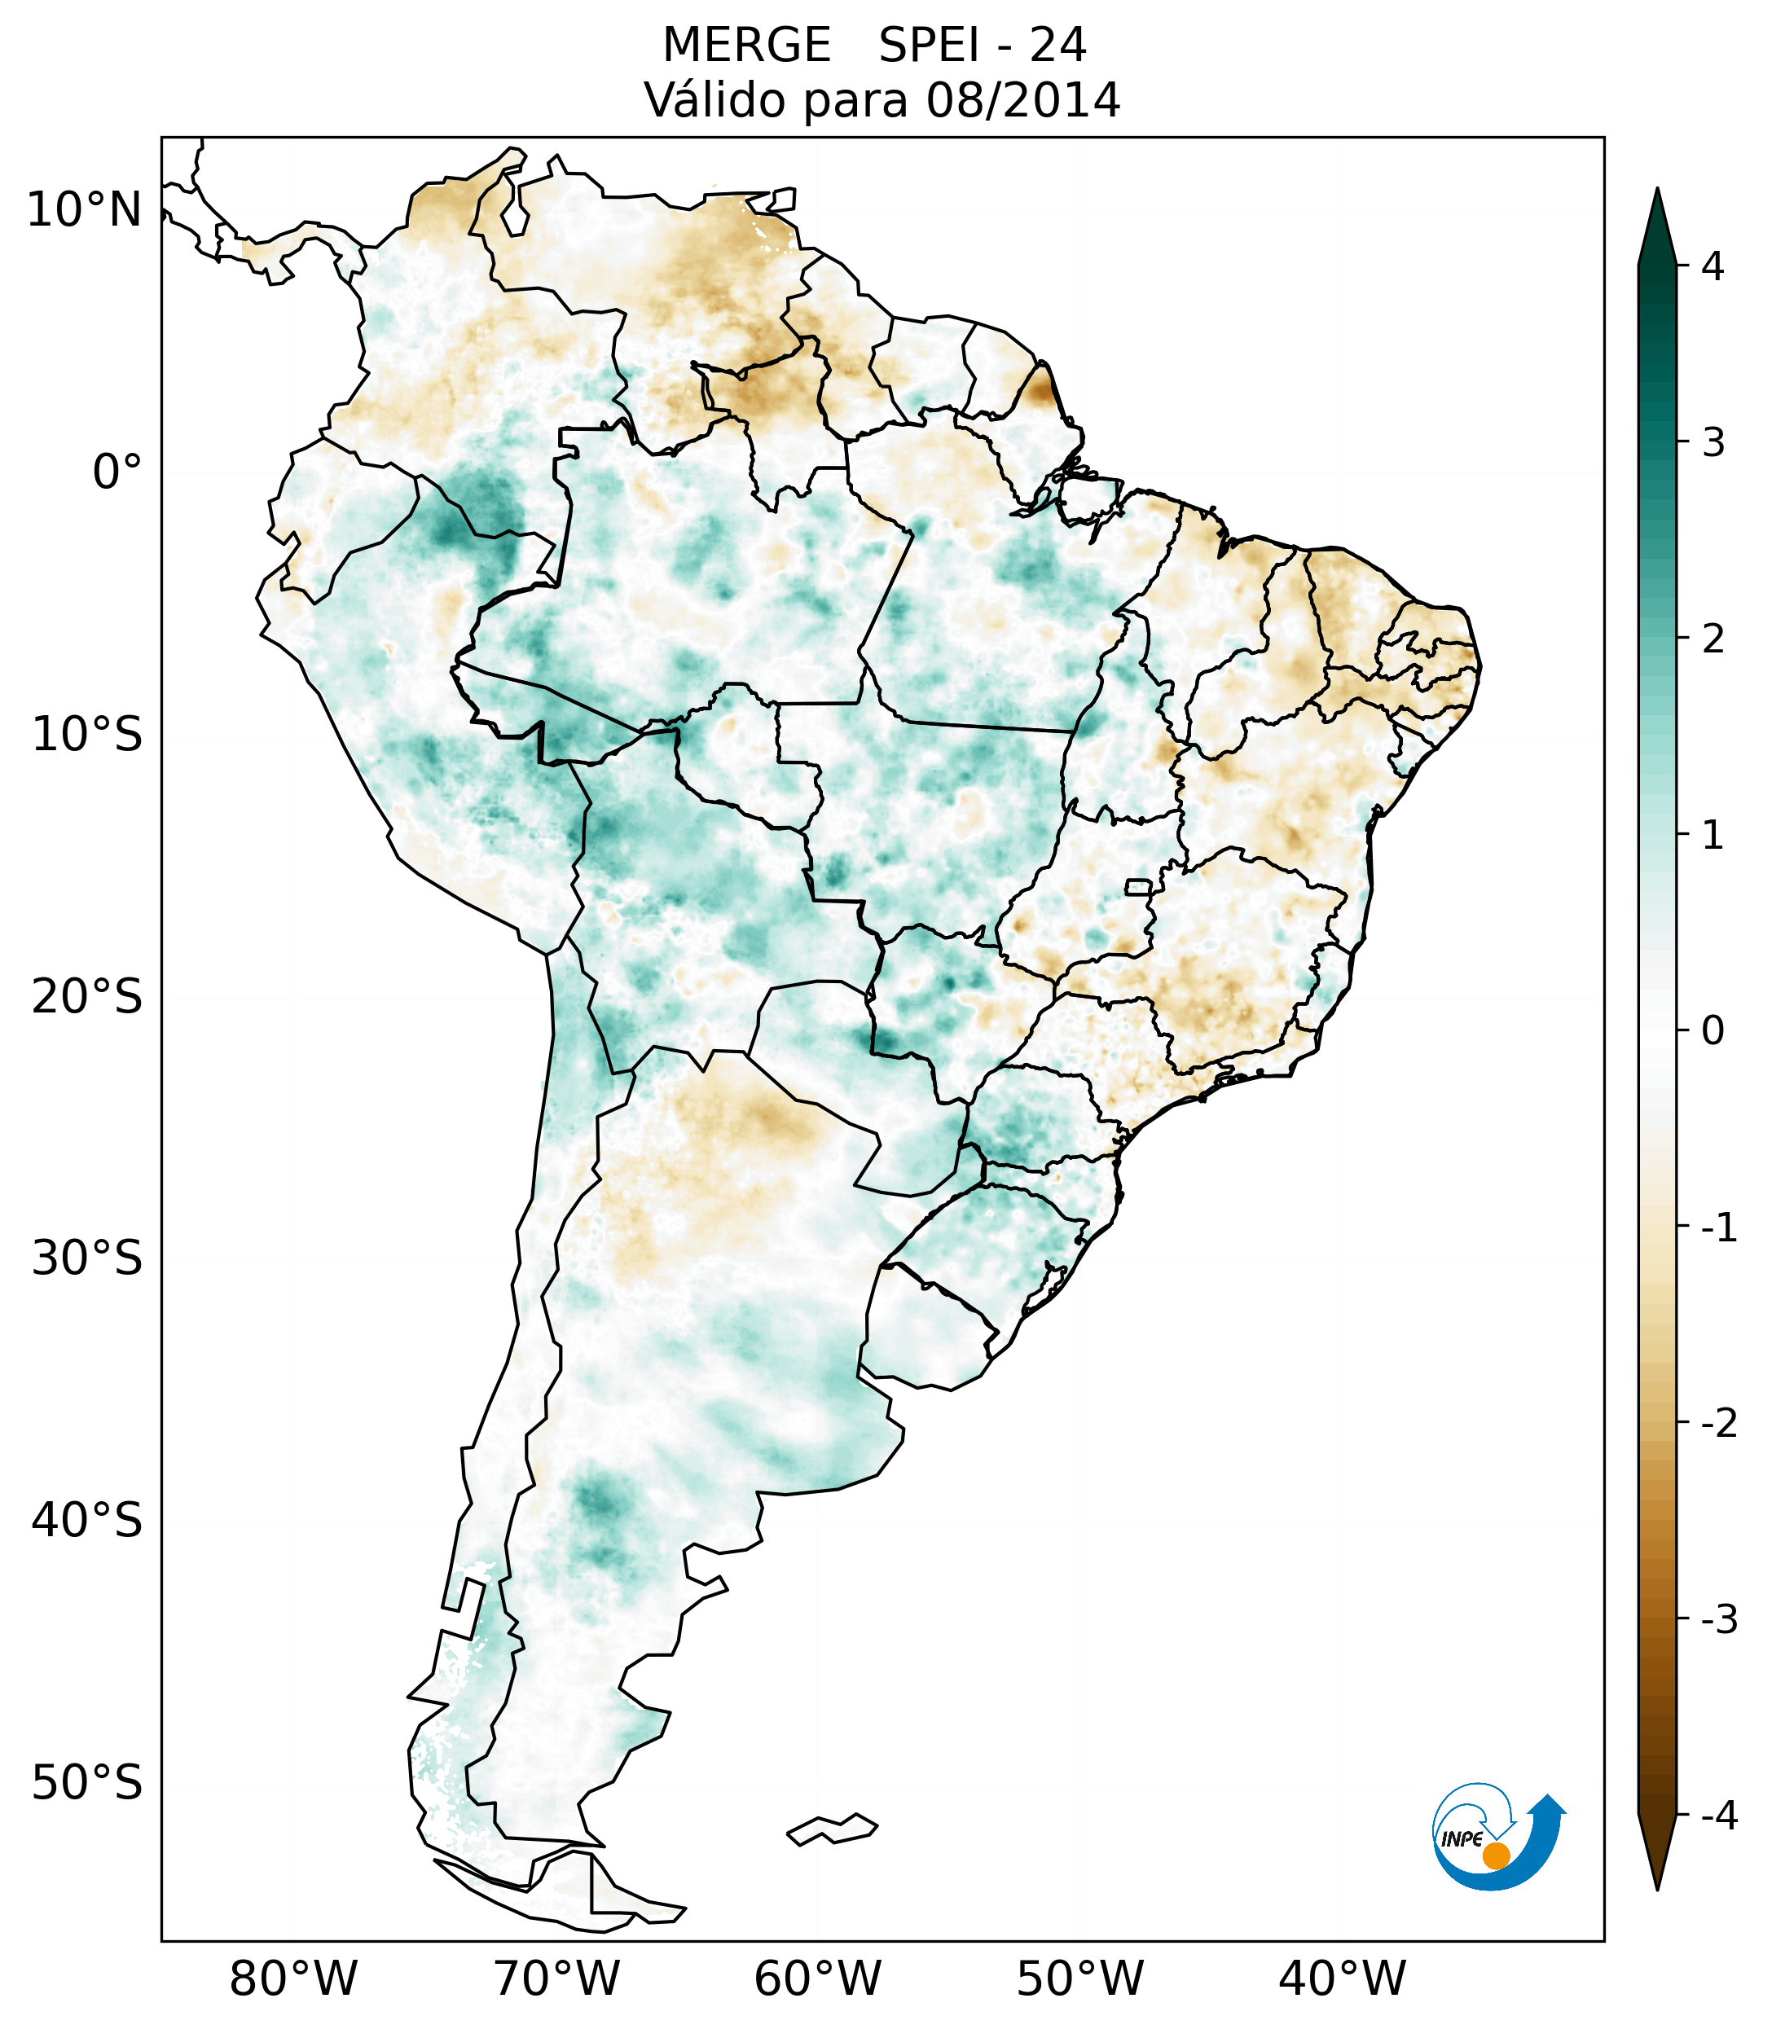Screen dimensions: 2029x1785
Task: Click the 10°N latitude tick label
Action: click(83, 210)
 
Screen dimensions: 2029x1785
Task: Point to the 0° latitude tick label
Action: click(117, 472)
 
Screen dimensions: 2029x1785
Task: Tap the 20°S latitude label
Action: click(87, 997)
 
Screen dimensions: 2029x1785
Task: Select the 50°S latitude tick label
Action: click(87, 1784)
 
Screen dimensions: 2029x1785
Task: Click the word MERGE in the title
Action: click(746, 46)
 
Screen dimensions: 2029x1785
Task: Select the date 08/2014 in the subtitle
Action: click(1022, 100)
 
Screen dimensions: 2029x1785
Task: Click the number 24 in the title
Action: click(1057, 46)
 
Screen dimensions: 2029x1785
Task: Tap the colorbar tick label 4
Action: click(1712, 266)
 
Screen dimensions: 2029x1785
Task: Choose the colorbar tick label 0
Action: click(1712, 1030)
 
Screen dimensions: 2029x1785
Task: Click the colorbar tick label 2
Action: click(1712, 639)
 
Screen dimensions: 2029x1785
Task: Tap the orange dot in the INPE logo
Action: click(1496, 1856)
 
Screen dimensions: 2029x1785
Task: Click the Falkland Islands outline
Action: click(832, 1829)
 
